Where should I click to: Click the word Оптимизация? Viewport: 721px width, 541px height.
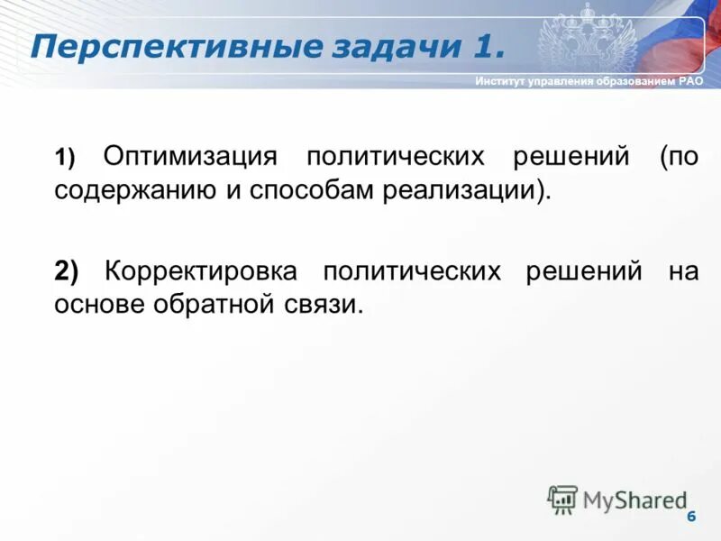click(x=188, y=156)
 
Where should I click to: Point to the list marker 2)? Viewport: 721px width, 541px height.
click(x=67, y=270)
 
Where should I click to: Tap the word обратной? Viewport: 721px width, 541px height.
click(x=211, y=305)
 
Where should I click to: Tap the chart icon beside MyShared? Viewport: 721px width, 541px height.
click(x=562, y=500)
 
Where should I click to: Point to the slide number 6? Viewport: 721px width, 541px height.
click(x=691, y=516)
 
